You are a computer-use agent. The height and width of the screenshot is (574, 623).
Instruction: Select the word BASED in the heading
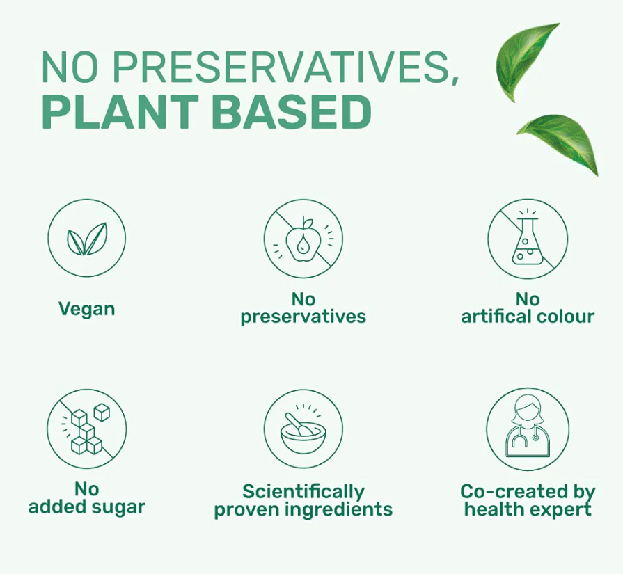point(292,112)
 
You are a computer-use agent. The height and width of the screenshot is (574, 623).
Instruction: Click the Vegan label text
point(87,310)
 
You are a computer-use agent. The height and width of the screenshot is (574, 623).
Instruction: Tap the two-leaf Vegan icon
point(87,239)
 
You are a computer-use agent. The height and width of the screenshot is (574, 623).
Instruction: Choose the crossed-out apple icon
point(303,239)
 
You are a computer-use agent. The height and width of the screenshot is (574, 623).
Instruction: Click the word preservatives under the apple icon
point(303,317)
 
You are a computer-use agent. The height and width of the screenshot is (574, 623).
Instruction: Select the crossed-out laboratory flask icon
point(528,239)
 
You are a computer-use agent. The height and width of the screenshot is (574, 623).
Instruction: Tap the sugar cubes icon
point(86,429)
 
